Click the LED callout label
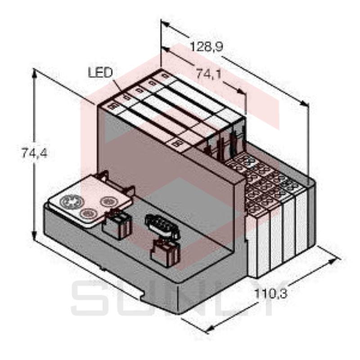100,72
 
